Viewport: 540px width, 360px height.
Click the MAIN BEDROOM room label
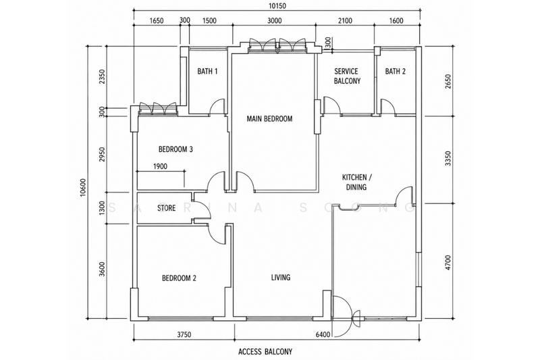pyautogui.click(x=269, y=119)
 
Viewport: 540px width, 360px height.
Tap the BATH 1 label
pyautogui.click(x=207, y=72)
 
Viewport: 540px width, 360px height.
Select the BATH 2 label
pyautogui.click(x=396, y=72)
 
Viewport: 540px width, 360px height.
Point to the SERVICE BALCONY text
pyautogui.click(x=346, y=76)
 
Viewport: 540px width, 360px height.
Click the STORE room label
pyautogui.click(x=166, y=208)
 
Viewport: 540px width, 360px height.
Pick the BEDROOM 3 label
pyautogui.click(x=175, y=149)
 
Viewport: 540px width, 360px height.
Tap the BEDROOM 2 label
pyautogui.click(x=179, y=278)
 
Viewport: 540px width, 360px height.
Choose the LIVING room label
pyautogui.click(x=281, y=278)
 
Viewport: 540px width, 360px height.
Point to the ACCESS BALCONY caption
pyautogui.click(x=265, y=352)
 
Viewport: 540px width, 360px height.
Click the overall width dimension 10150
pyautogui.click(x=277, y=6)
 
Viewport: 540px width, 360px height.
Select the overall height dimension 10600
pyautogui.click(x=82, y=188)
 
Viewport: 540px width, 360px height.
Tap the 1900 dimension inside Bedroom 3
pyautogui.click(x=160, y=166)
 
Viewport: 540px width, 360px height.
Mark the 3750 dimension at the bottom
pyautogui.click(x=184, y=334)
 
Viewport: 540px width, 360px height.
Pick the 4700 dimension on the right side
pyautogui.click(x=448, y=263)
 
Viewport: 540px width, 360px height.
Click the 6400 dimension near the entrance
pyautogui.click(x=323, y=334)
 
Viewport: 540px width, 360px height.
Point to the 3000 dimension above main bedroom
pyautogui.click(x=274, y=21)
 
